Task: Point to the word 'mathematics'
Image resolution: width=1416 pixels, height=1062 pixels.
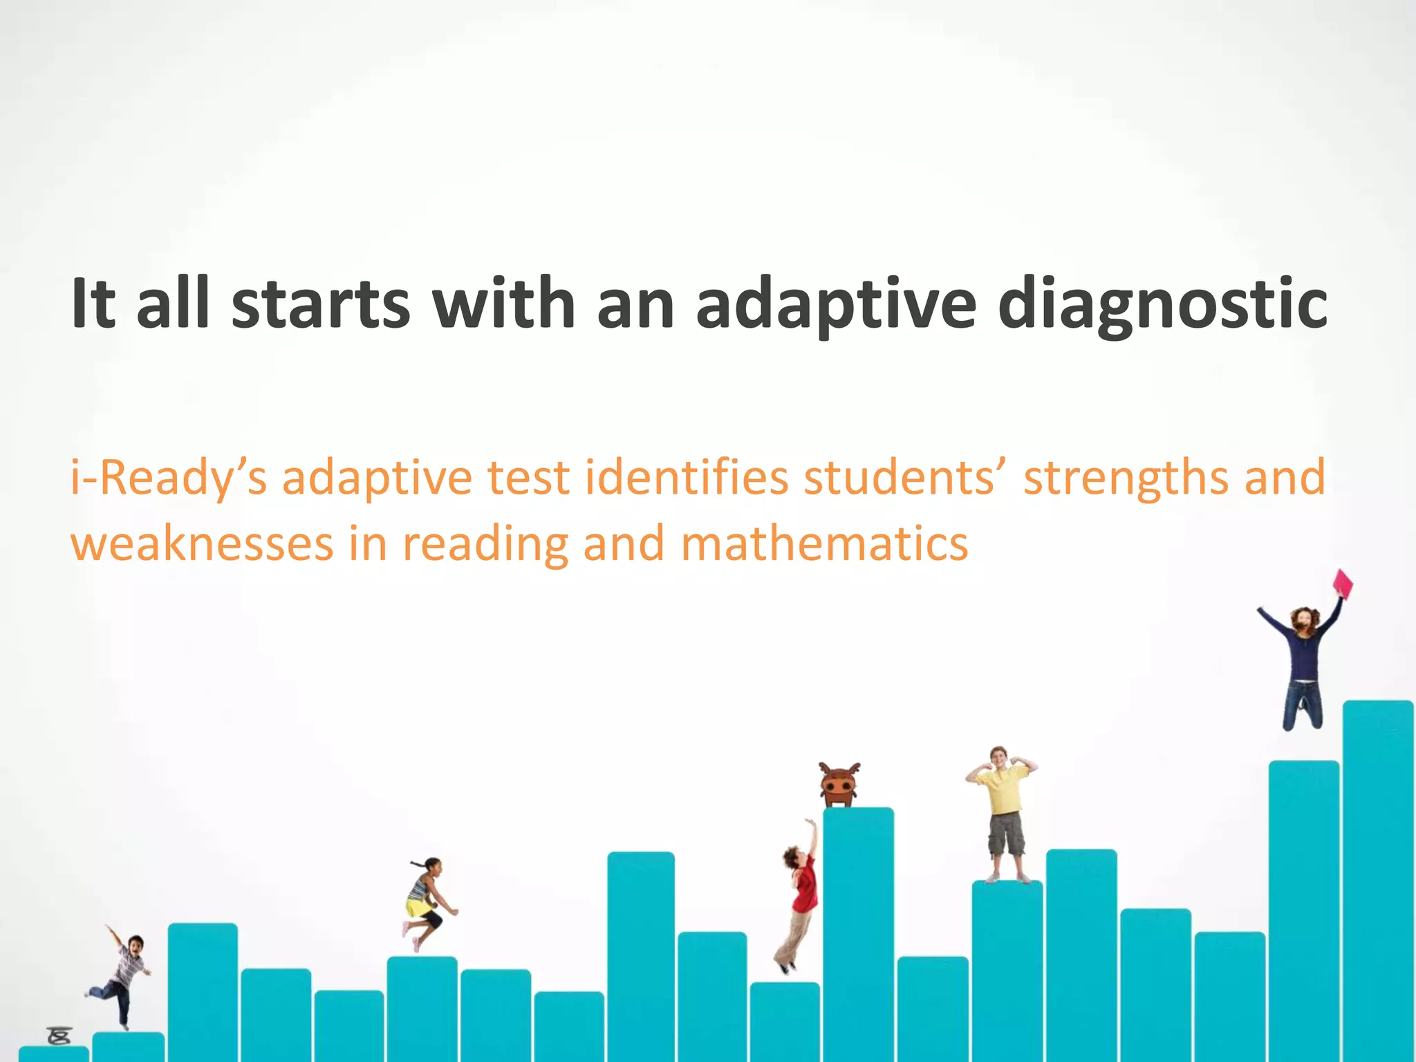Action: click(x=824, y=544)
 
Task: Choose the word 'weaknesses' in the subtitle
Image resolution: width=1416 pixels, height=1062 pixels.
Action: click(x=203, y=544)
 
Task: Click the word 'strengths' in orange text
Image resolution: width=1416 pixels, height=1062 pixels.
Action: click(x=1126, y=478)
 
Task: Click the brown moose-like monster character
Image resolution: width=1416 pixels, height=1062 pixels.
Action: click(x=839, y=785)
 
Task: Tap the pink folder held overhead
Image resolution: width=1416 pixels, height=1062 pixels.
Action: click(x=1342, y=584)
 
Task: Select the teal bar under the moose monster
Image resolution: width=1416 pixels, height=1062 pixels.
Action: click(x=858, y=933)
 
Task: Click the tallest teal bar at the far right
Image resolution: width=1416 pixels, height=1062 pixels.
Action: click(x=1377, y=878)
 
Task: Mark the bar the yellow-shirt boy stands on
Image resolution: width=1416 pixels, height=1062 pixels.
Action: click(x=1007, y=968)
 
